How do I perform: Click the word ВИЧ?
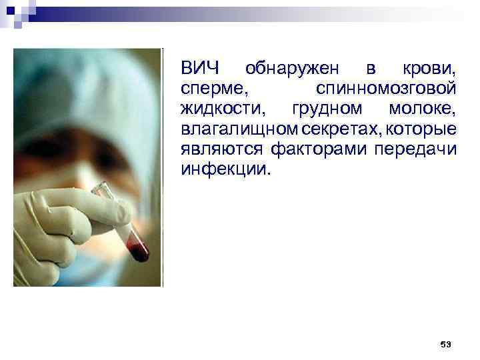point(200,69)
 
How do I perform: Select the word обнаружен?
point(293,69)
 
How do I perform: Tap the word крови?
point(429,69)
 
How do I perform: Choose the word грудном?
point(324,108)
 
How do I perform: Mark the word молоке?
point(421,108)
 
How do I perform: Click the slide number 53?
point(446,344)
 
